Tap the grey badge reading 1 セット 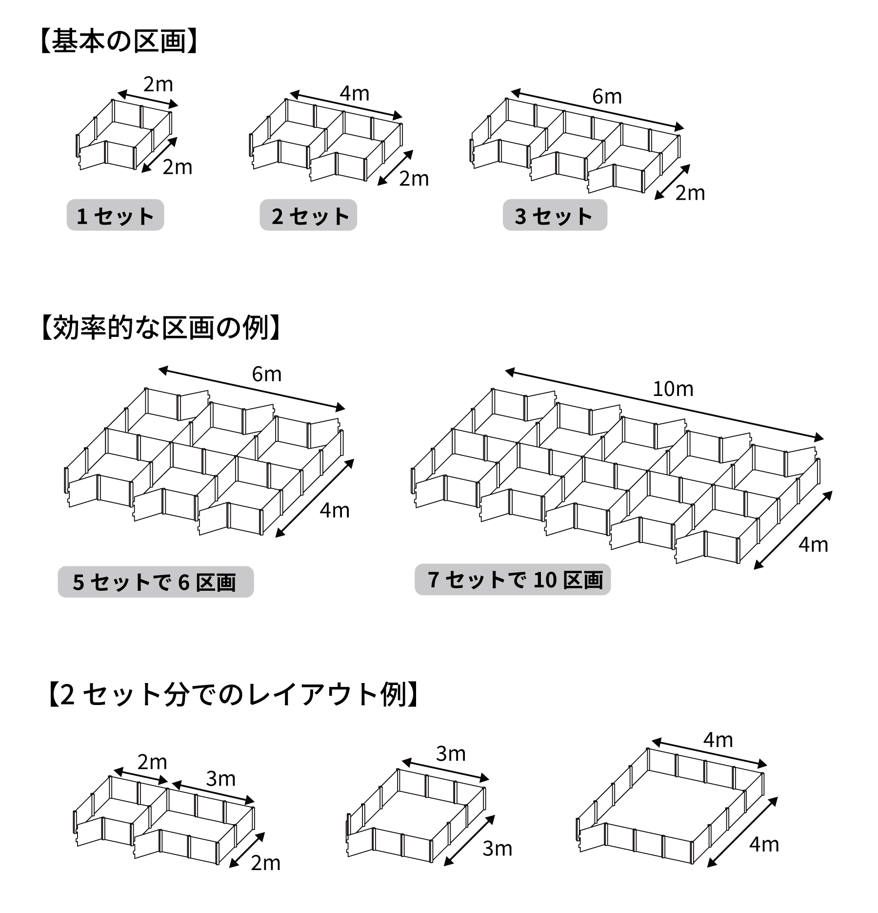(115, 215)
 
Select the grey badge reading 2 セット (308, 215)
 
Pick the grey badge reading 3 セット (555, 215)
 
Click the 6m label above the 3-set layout (607, 97)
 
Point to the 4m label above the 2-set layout (355, 93)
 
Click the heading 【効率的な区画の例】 (161, 328)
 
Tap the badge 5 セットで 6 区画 (156, 582)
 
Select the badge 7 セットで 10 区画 (513, 580)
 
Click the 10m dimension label (673, 389)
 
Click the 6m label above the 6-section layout (267, 374)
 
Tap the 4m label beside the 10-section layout (813, 544)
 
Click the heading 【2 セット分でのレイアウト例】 (233, 695)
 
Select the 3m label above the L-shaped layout (220, 779)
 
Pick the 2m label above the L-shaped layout (152, 762)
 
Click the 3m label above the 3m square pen (451, 754)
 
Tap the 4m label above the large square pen (718, 740)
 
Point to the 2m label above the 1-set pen (158, 84)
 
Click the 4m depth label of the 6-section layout (335, 510)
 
